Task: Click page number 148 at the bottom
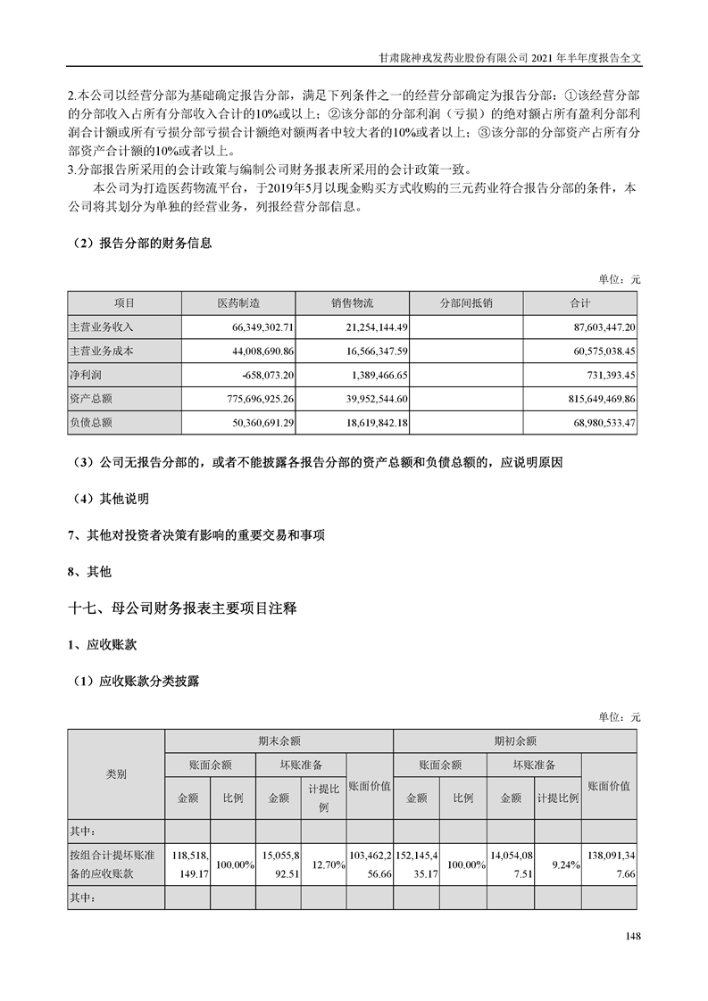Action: pyautogui.click(x=633, y=936)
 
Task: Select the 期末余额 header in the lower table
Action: pyautogui.click(x=279, y=740)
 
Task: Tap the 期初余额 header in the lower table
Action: pyautogui.click(x=515, y=740)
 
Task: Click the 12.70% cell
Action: pyautogui.click(x=323, y=864)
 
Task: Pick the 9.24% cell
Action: pyautogui.click(x=559, y=864)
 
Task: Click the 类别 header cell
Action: pyautogui.click(x=116, y=773)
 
